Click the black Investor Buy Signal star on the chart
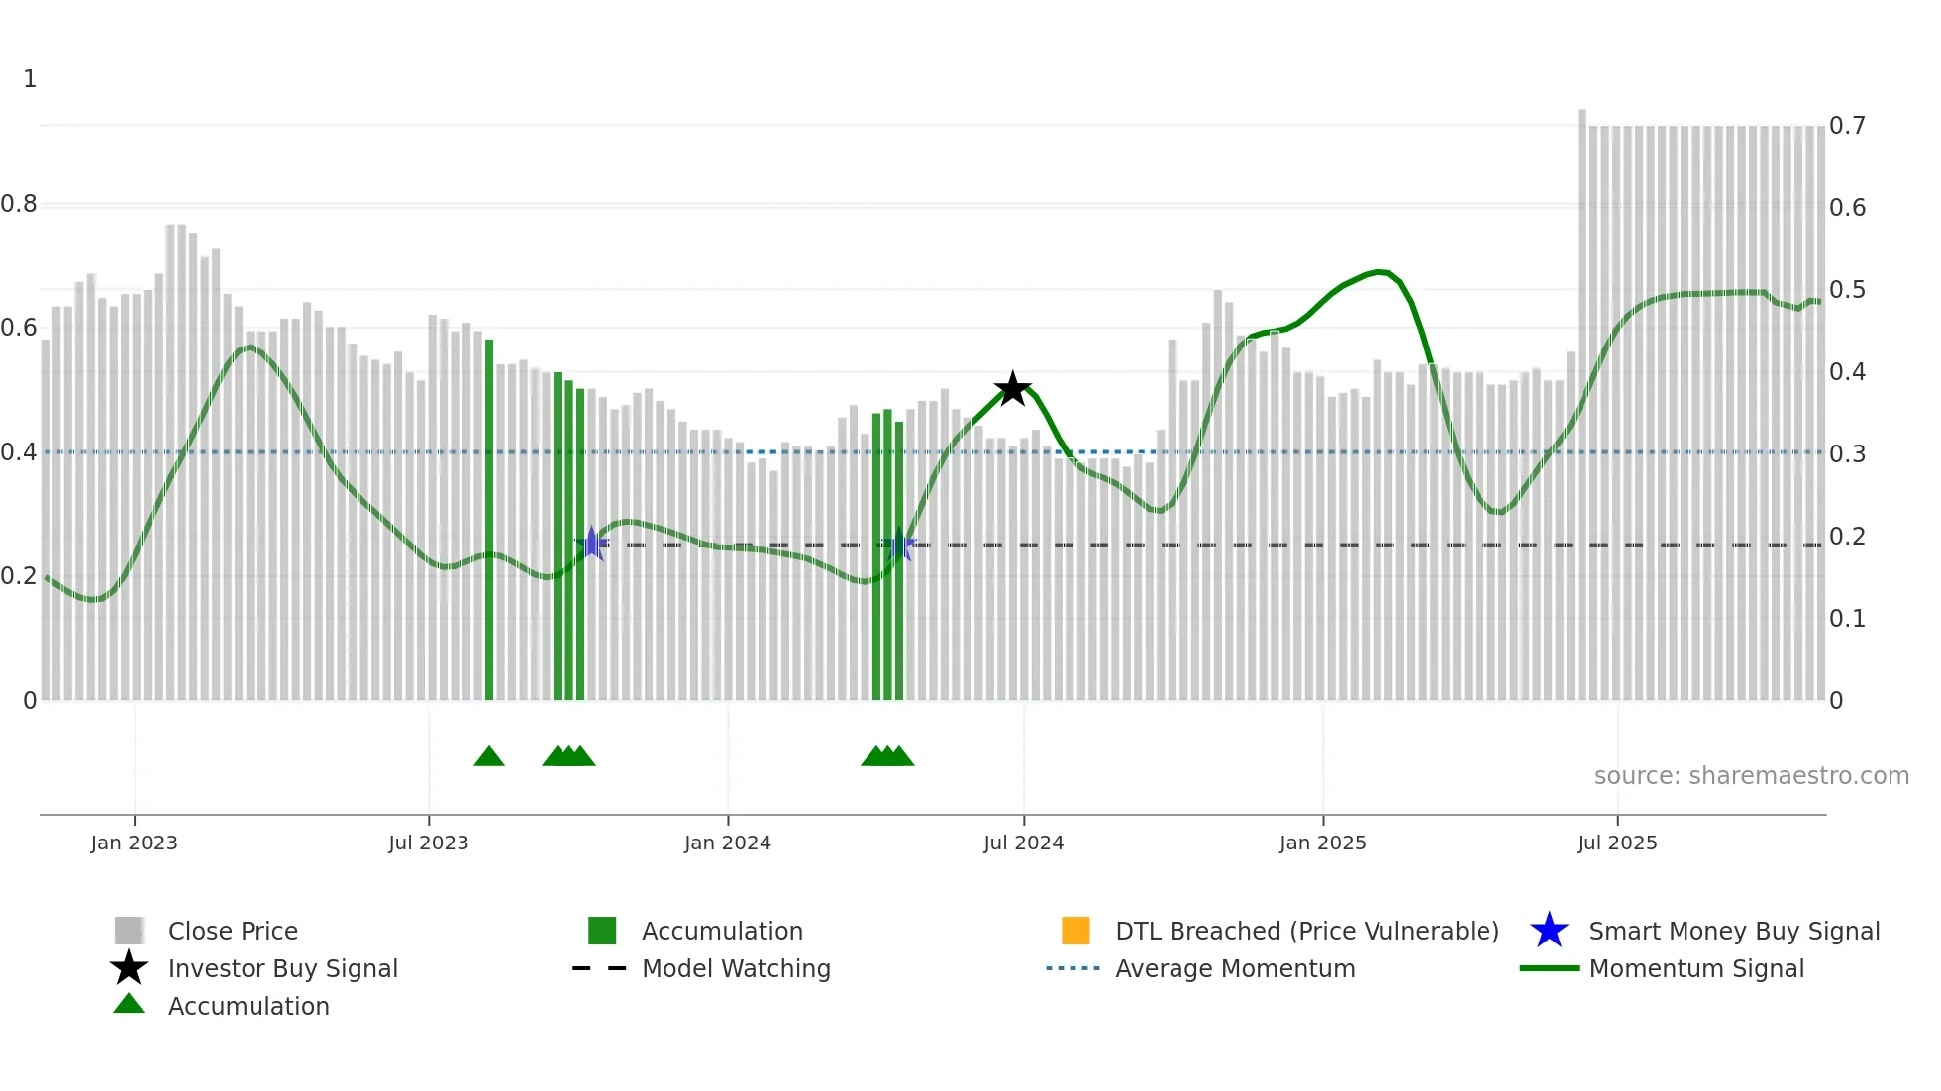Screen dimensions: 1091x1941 coord(1012,389)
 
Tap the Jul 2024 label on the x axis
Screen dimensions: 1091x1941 coord(1023,843)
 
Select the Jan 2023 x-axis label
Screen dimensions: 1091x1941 coord(134,843)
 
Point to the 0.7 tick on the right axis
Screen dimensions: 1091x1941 coord(1847,126)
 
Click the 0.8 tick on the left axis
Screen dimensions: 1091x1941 coord(19,204)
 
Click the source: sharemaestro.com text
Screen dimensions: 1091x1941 coord(1751,775)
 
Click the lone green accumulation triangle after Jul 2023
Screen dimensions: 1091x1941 coord(489,757)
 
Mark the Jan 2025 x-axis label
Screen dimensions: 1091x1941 coord(1322,843)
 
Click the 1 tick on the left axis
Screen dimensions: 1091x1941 coord(30,79)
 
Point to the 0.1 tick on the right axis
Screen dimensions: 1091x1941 coord(1847,619)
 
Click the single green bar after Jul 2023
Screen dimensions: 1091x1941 coord(489,520)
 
